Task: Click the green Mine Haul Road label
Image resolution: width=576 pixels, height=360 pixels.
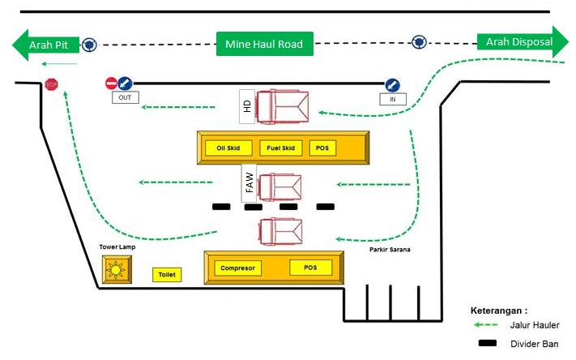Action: click(264, 44)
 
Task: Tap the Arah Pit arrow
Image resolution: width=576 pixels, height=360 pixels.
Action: click(46, 45)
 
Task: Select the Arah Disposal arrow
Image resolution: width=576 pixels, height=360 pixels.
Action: click(523, 42)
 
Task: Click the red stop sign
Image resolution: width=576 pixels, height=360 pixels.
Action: click(51, 84)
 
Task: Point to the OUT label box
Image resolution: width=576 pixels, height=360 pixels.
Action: click(126, 97)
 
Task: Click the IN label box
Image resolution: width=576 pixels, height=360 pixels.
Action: click(393, 99)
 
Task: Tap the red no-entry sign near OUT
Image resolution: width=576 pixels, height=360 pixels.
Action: click(111, 84)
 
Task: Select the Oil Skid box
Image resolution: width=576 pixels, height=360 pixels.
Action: click(228, 148)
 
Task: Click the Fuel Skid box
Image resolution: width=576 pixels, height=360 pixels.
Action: click(281, 148)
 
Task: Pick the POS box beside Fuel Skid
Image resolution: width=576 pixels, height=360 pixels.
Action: click(322, 148)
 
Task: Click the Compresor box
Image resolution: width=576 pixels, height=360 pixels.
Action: click(237, 268)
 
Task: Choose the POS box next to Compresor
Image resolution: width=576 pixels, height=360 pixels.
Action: click(310, 268)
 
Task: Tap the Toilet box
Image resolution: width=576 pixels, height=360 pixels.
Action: click(167, 275)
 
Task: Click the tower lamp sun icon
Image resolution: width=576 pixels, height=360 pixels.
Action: click(116, 270)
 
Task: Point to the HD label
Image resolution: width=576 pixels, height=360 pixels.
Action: click(247, 106)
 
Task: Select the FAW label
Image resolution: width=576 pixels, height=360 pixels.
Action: click(249, 182)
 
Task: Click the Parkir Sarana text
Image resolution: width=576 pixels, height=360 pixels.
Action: click(390, 250)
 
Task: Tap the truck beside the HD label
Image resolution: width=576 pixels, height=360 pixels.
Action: click(283, 106)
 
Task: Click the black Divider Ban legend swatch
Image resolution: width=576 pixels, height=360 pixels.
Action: click(488, 343)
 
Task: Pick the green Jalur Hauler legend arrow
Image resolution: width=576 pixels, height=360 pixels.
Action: click(485, 324)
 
